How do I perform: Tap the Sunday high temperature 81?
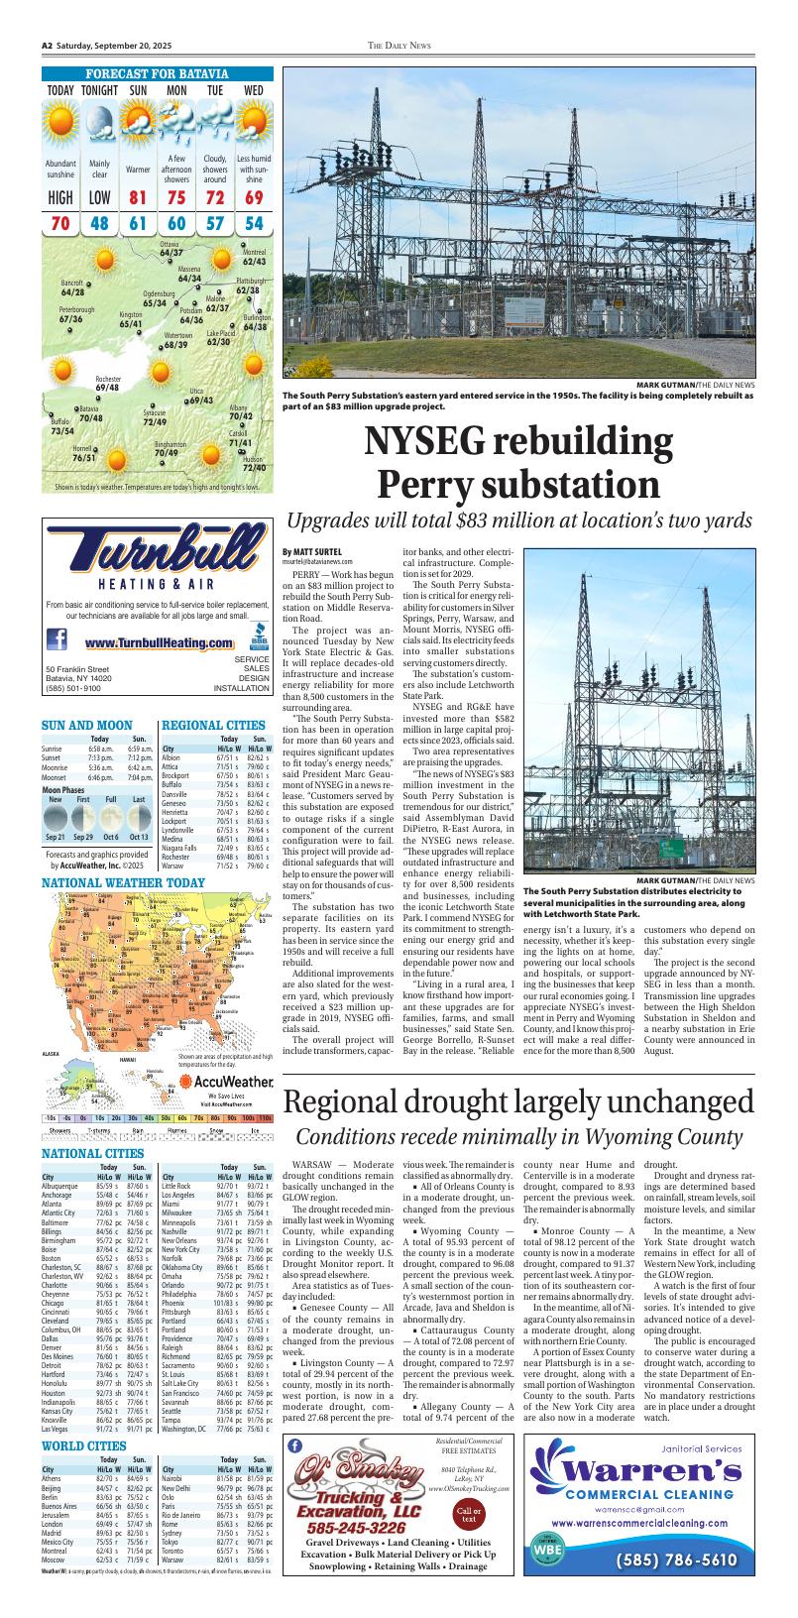(x=138, y=198)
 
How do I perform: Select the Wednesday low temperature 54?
(x=254, y=223)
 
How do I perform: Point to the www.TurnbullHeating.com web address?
(x=159, y=644)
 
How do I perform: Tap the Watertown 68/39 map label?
(x=176, y=340)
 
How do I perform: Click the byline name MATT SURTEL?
(x=319, y=551)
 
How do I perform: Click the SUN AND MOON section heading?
(x=87, y=725)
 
